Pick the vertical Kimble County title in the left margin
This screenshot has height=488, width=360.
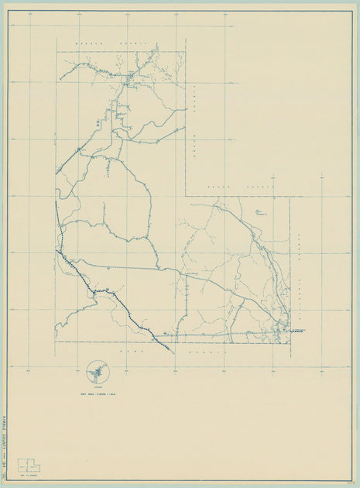coord(5,437)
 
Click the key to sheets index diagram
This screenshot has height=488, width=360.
coord(29,465)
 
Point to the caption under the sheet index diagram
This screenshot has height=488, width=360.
coord(29,475)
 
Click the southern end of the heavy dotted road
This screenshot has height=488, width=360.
coord(170,353)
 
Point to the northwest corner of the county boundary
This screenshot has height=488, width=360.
coord(56,52)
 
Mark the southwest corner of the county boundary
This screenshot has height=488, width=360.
coord(56,342)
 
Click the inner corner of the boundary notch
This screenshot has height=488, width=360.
coord(186,196)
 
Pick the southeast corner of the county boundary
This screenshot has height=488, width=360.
coord(290,342)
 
